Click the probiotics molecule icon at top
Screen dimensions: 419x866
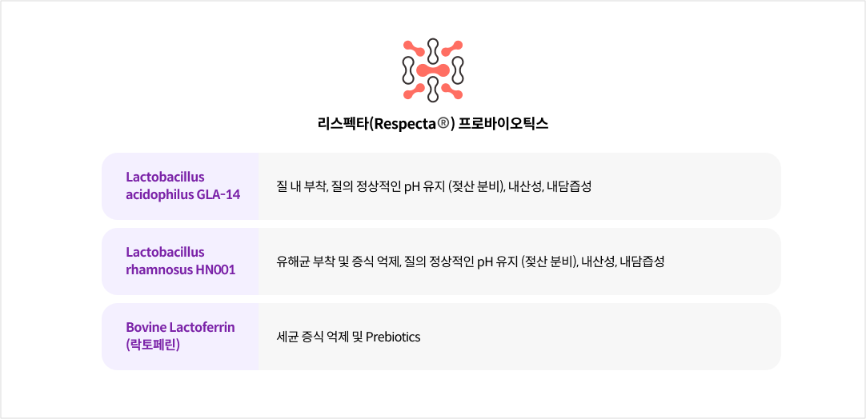point(433,70)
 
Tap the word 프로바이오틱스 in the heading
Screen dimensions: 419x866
point(504,124)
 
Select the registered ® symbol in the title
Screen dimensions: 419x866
point(445,124)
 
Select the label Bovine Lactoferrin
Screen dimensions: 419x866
point(180,327)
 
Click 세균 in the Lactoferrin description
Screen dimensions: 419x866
point(287,337)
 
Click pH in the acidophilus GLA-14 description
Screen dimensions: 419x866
point(411,186)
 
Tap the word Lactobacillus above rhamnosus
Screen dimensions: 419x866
point(165,252)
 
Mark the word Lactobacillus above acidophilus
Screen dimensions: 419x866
point(165,177)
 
